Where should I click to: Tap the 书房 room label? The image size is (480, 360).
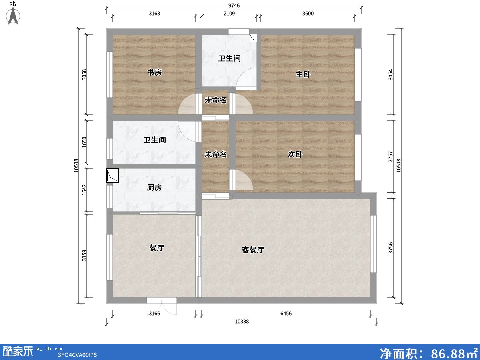click(154, 72)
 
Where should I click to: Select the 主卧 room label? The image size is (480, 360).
click(303, 74)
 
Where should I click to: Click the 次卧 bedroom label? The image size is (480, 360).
click(295, 154)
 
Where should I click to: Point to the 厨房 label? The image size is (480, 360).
click(154, 187)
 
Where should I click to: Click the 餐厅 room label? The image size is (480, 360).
click(157, 248)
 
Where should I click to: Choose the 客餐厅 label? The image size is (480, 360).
click(253, 250)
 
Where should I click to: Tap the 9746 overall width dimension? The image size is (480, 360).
click(234, 5)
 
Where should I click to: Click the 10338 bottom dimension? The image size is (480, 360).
click(242, 322)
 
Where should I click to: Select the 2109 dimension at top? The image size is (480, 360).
click(229, 13)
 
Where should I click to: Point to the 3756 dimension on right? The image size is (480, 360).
click(391, 248)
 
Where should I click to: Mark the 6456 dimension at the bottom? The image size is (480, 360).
click(286, 314)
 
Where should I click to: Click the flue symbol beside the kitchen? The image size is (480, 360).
click(112, 176)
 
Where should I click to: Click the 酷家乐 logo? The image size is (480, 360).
click(18, 351)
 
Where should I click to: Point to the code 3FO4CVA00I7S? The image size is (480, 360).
click(78, 355)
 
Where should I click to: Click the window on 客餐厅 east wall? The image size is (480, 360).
click(373, 244)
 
